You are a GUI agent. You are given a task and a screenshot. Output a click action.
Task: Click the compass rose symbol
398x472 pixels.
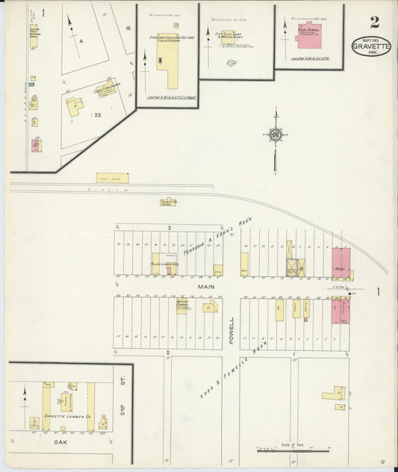pyautogui.click(x=276, y=135)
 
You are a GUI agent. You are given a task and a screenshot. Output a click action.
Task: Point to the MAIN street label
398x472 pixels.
pyautogui.click(x=206, y=285)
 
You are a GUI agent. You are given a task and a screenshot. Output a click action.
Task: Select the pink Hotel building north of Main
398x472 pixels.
pyautogui.click(x=341, y=262)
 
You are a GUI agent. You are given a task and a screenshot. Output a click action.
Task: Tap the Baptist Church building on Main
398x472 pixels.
pyautogui.click(x=181, y=305)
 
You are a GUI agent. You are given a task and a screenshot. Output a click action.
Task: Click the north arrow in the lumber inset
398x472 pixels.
pyautogui.click(x=26, y=392)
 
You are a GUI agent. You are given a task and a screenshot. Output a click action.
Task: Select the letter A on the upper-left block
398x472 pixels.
pyautogui.click(x=81, y=43)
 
